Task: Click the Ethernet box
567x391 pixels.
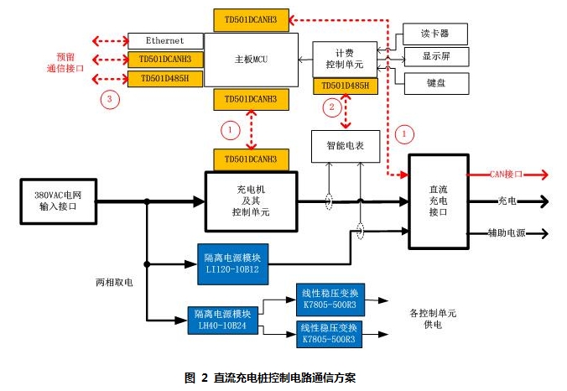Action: pos(165,41)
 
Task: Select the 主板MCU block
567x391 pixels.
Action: pos(252,60)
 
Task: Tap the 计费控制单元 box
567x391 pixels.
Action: pos(345,59)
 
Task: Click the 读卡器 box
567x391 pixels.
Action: pos(435,34)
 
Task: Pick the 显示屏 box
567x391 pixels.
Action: pos(436,56)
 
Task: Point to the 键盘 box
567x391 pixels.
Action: pos(436,83)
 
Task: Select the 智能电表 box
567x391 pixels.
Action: pos(346,146)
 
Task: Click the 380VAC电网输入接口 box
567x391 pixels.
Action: pos(58,201)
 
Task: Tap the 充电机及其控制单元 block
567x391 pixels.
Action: pos(252,201)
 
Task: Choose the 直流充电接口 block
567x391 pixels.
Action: pos(439,201)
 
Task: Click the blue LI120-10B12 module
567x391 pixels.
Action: pos(233,264)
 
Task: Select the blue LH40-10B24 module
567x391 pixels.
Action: pos(223,321)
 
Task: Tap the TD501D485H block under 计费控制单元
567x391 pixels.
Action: pos(346,86)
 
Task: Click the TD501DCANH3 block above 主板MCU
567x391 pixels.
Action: pos(252,20)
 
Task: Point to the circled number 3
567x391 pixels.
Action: pos(110,99)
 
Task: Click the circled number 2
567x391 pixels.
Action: pos(331,107)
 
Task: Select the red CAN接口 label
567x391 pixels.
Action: pos(507,175)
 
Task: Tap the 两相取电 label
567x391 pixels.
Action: pos(114,283)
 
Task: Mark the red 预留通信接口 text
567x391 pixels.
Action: pos(65,63)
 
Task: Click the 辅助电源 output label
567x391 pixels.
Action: pos(507,233)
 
